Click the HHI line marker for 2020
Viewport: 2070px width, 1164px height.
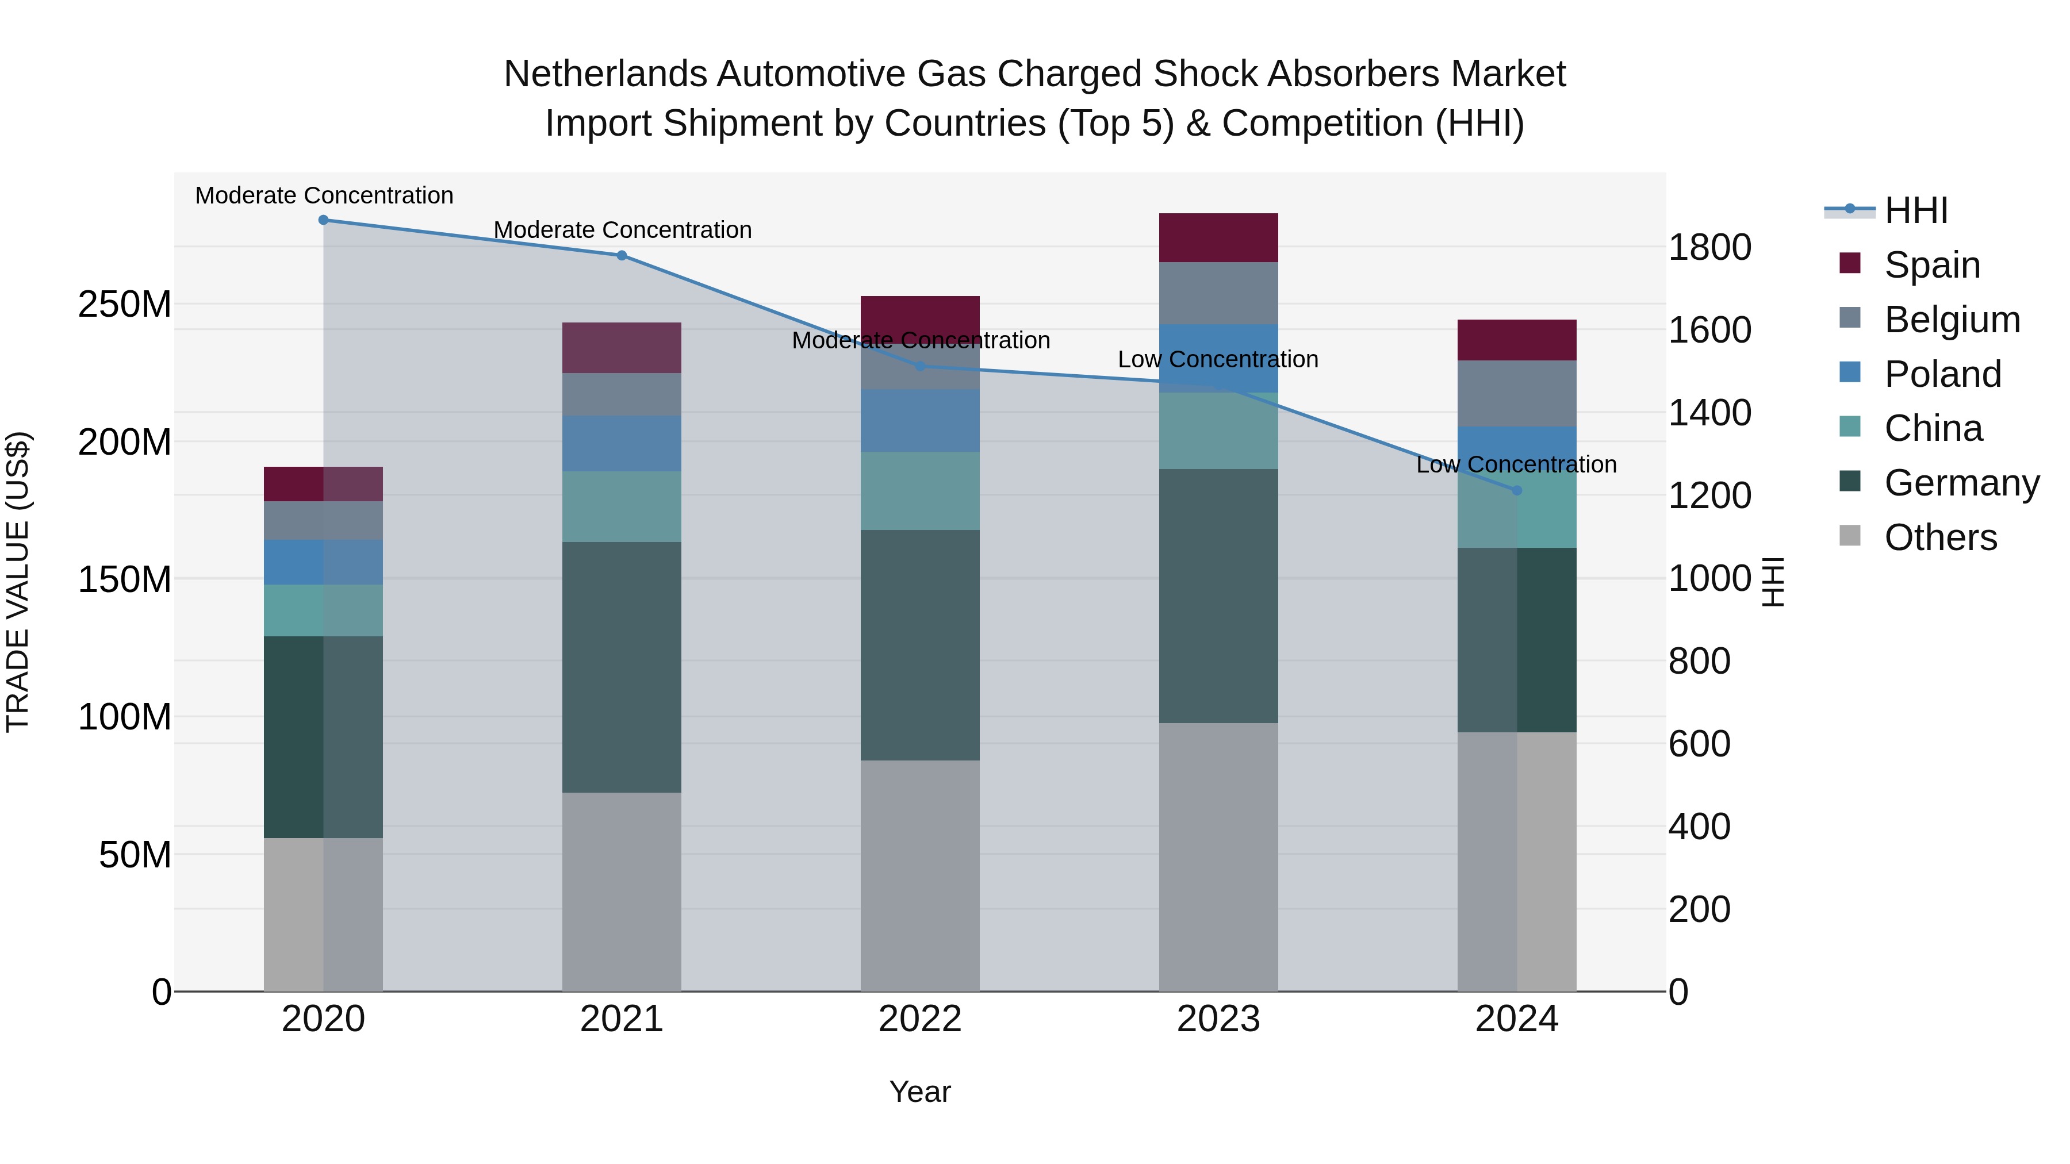(x=323, y=220)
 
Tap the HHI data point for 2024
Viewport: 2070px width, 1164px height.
(x=1516, y=490)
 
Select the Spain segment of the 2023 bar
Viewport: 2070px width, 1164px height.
(x=1218, y=238)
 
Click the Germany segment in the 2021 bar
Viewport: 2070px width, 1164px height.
(x=621, y=667)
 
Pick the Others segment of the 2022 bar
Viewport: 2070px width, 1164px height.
(x=920, y=875)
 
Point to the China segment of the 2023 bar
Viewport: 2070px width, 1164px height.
(x=1218, y=431)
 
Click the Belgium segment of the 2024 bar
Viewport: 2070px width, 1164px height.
(x=1516, y=394)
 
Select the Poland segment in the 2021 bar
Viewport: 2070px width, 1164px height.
(x=621, y=443)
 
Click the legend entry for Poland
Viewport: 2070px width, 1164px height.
(x=1942, y=374)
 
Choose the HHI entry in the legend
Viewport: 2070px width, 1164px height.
(x=1916, y=210)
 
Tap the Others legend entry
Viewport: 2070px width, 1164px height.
(x=1940, y=537)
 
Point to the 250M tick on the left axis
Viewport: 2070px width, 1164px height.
(x=125, y=305)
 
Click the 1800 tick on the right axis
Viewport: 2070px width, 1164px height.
(x=1709, y=247)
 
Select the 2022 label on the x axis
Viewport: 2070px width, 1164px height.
(x=920, y=1019)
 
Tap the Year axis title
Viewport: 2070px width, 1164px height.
(x=920, y=1092)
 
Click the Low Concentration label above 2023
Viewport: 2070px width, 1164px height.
(x=1218, y=359)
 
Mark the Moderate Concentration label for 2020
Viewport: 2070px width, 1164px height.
(x=324, y=195)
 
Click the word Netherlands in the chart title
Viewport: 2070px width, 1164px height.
(x=604, y=74)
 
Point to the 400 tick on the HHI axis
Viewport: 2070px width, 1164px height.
(x=1699, y=827)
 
